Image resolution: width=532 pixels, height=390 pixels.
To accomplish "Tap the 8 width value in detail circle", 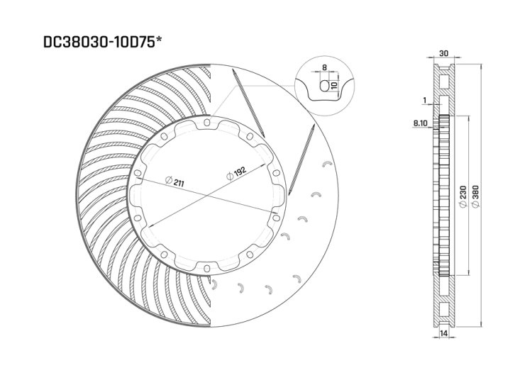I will [x=325, y=68].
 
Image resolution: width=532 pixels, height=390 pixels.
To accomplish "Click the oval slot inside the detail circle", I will [x=326, y=86].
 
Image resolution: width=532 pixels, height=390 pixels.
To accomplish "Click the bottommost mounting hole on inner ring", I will [x=206, y=267].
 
